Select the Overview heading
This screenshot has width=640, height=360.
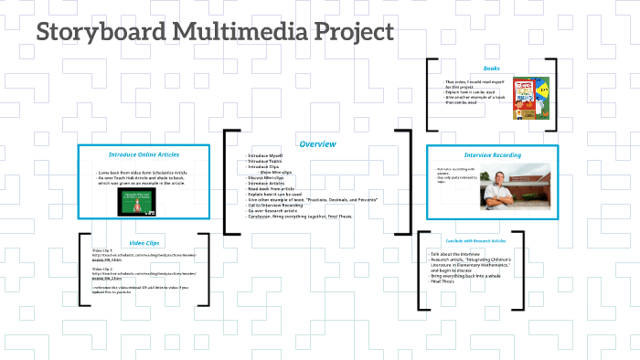317,144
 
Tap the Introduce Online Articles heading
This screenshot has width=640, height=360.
144,154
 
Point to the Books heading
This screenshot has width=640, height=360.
491,69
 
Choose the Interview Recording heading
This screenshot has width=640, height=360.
492,155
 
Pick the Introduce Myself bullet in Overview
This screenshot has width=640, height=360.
267,156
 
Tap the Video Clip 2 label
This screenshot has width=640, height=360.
102,269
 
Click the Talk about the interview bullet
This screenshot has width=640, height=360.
455,253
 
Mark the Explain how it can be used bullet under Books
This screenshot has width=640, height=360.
467,92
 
